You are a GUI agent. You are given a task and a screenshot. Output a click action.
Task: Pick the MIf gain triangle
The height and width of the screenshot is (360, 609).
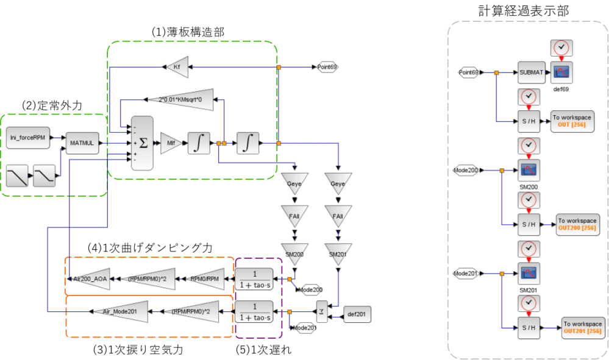coord(170,143)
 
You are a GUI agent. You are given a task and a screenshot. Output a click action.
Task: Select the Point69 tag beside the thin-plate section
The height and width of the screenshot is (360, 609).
coord(327,67)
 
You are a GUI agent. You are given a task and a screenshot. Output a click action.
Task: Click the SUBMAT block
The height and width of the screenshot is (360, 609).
coord(531,72)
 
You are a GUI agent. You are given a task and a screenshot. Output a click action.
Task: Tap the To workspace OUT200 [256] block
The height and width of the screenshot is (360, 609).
coord(577,224)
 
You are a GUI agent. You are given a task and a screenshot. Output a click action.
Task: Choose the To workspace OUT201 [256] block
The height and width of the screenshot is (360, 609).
coord(582,328)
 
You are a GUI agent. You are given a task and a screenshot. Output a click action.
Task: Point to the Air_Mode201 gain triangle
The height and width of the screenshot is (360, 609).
coord(121,311)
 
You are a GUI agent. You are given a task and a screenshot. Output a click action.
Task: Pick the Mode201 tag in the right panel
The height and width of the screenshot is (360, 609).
coord(466,274)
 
